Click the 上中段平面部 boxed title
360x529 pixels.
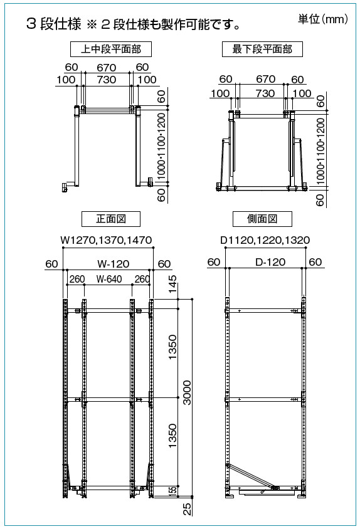(111, 50)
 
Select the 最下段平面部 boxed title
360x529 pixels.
(262, 50)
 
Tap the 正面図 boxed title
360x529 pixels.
(111, 219)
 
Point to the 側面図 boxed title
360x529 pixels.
(262, 219)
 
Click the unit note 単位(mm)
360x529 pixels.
(323, 19)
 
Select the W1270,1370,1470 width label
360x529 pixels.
(106, 240)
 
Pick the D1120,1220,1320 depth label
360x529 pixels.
(265, 240)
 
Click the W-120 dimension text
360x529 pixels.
(114, 264)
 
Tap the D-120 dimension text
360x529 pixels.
(270, 262)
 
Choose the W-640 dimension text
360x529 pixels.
(109, 279)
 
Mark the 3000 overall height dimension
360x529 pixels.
(187, 393)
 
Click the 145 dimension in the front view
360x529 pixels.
(172, 284)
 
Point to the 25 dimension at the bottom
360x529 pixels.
(187, 509)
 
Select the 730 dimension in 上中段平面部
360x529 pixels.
(107, 80)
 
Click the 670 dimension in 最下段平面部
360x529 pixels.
(265, 79)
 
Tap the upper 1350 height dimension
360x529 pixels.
(172, 347)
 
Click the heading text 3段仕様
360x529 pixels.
(54, 24)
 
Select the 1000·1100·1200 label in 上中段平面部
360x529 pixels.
(162, 146)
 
